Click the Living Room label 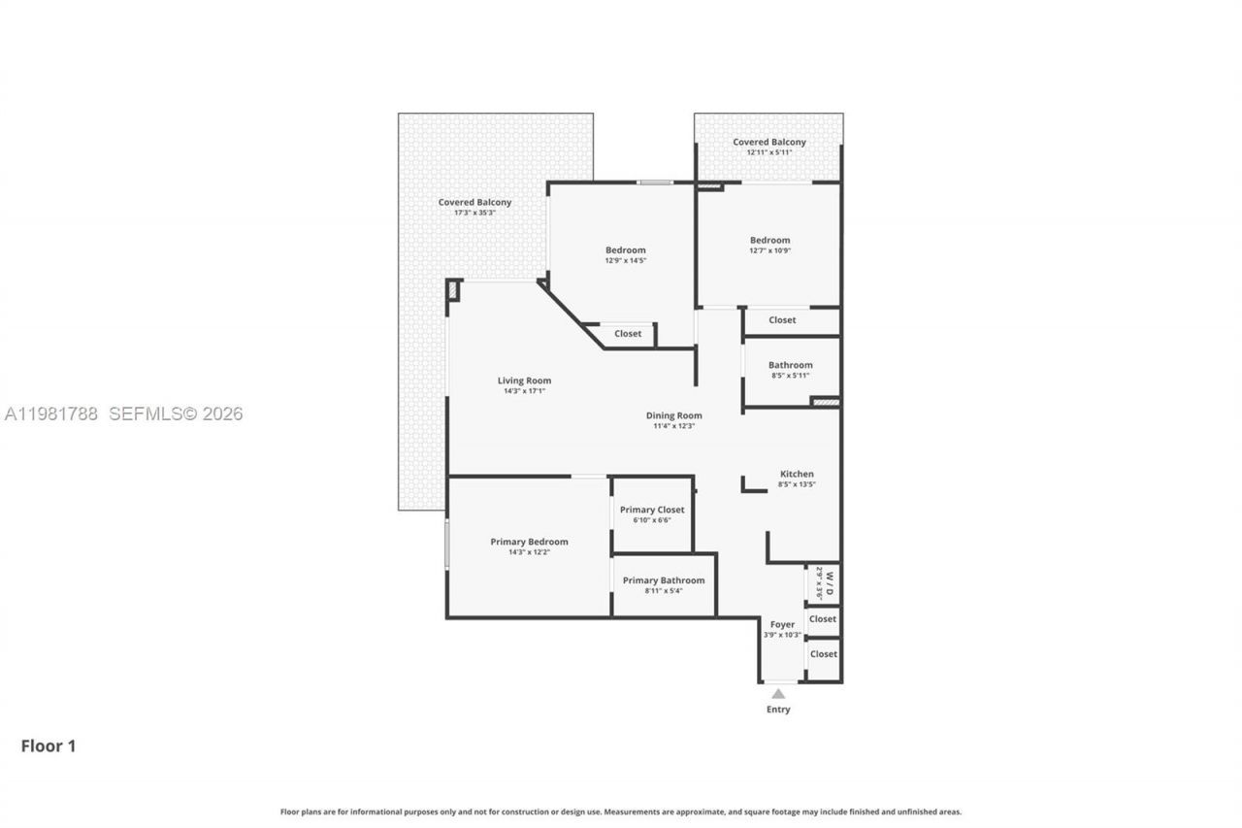pyautogui.click(x=524, y=381)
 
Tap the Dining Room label pyautogui.click(x=673, y=415)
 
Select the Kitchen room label pyautogui.click(x=797, y=474)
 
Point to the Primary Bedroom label pyautogui.click(x=529, y=542)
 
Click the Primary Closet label pyautogui.click(x=652, y=510)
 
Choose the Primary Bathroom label pyautogui.click(x=664, y=580)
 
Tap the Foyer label pyautogui.click(x=782, y=624)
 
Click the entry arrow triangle pyautogui.click(x=778, y=693)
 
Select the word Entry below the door pyautogui.click(x=778, y=710)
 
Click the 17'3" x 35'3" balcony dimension pyautogui.click(x=474, y=213)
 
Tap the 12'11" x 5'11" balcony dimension pyautogui.click(x=769, y=152)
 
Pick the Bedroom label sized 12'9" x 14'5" pyautogui.click(x=625, y=249)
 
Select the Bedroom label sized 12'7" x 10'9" pyautogui.click(x=769, y=240)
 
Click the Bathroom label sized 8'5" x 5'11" pyautogui.click(x=790, y=365)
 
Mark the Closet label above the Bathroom pyautogui.click(x=782, y=319)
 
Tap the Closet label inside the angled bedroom pyautogui.click(x=628, y=334)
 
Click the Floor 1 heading pyautogui.click(x=49, y=745)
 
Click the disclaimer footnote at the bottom pyautogui.click(x=621, y=811)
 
